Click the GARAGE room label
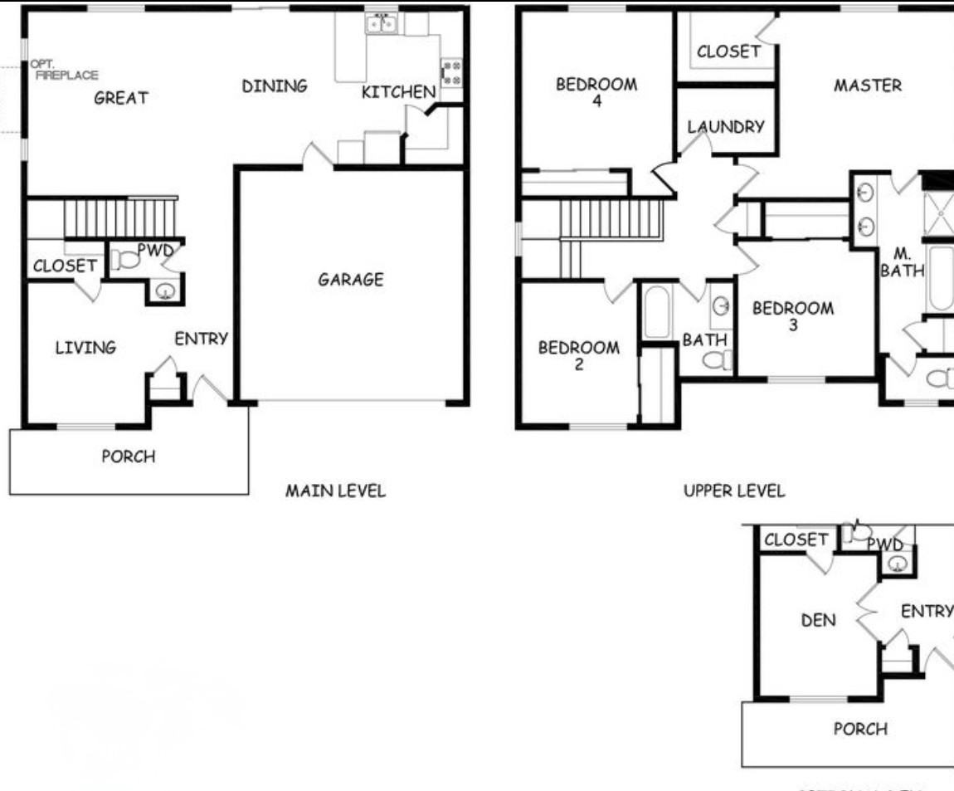point(351,280)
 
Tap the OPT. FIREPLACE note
point(64,70)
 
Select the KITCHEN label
point(398,92)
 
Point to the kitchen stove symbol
point(451,71)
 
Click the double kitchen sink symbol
point(382,24)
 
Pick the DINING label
point(275,86)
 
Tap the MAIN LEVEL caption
point(335,491)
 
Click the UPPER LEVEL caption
point(733,491)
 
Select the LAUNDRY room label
point(726,127)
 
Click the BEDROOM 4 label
point(596,91)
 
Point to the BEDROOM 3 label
point(793,316)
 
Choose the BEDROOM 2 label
point(579,355)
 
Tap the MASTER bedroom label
point(868,85)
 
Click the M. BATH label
point(902,262)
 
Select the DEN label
point(818,620)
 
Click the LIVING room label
point(85,348)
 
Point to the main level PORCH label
point(128,457)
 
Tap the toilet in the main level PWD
point(125,259)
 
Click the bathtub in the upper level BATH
point(656,312)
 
